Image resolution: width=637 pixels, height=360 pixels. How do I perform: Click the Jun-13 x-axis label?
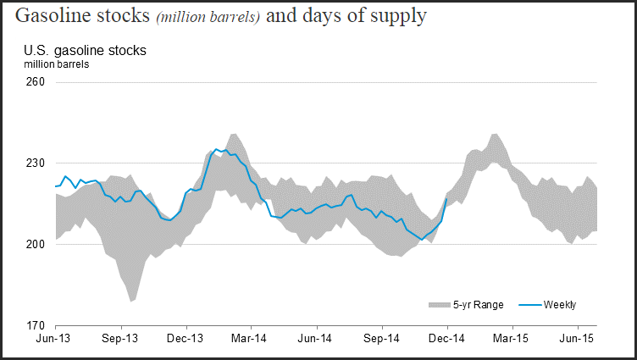pos(54,338)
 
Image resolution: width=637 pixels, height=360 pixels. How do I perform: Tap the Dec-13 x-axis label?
pos(186,338)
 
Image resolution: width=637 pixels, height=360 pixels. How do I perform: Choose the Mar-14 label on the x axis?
pos(252,338)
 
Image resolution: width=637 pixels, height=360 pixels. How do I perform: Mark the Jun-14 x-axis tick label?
pos(317,338)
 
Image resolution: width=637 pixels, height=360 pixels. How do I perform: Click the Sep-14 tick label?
pos(382,338)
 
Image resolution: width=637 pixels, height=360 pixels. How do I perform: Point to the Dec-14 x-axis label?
pos(447,338)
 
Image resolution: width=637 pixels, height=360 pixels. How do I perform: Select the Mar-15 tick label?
pos(512,338)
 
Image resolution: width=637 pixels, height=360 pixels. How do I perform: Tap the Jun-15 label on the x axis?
pos(578,338)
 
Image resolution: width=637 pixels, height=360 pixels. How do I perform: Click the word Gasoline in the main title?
pos(54,16)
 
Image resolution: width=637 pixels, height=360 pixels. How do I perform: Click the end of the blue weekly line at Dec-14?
pos(447,199)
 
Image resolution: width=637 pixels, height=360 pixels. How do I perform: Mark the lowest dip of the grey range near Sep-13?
pos(132,301)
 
